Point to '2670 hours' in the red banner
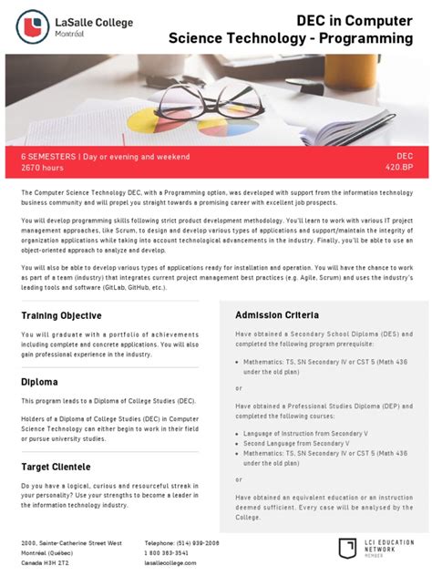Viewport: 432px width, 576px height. click(x=43, y=168)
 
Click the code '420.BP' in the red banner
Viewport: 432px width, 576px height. click(x=399, y=168)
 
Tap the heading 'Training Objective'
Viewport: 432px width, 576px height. click(x=61, y=315)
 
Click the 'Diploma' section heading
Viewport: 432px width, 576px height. click(x=39, y=382)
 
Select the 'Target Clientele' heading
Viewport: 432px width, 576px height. click(x=56, y=466)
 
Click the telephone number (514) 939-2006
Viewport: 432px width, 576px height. click(x=182, y=542)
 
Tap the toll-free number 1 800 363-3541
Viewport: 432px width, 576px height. click(x=167, y=552)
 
